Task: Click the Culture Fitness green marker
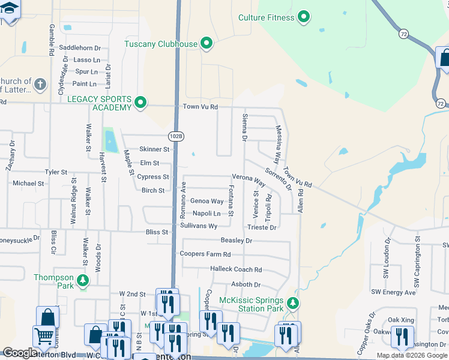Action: (x=304, y=17)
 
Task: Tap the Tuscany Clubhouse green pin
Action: (x=207, y=43)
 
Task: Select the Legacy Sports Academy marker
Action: (x=140, y=103)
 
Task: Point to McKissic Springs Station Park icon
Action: (x=292, y=304)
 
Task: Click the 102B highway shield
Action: (x=176, y=136)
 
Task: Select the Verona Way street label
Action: (x=249, y=179)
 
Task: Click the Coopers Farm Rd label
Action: (x=205, y=254)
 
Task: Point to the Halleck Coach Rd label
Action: (x=236, y=270)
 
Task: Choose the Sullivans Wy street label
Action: (x=199, y=226)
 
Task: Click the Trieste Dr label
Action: (x=262, y=228)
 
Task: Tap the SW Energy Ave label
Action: (x=393, y=292)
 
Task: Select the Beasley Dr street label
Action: (x=237, y=241)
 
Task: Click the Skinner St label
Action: (x=154, y=149)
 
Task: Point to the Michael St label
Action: (x=28, y=184)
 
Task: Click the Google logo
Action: (x=20, y=353)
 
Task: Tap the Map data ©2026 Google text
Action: (x=412, y=355)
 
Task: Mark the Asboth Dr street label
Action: (x=246, y=285)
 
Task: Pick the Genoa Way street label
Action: (x=206, y=202)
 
